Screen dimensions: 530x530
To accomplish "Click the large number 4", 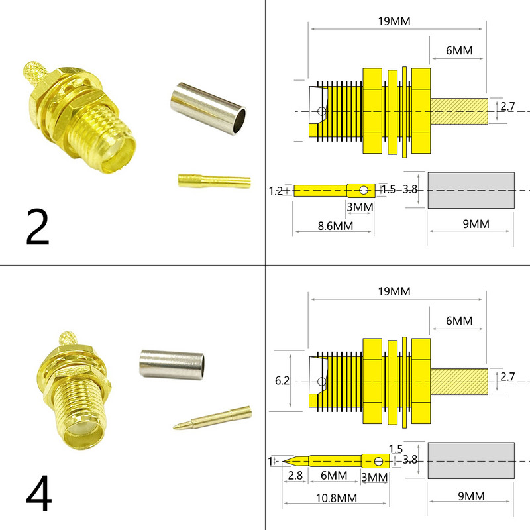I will [x=39, y=496].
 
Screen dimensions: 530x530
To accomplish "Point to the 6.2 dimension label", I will [x=283, y=381].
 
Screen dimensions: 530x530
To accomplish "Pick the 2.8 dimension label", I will [x=295, y=476].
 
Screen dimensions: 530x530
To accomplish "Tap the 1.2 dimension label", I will [x=276, y=191].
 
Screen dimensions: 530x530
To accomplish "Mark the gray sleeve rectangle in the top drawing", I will [x=471, y=190].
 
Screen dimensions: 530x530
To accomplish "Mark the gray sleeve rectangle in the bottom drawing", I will [x=471, y=460].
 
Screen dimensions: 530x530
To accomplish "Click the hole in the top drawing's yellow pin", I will [x=363, y=191].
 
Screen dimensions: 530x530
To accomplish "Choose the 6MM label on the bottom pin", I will [x=335, y=476].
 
